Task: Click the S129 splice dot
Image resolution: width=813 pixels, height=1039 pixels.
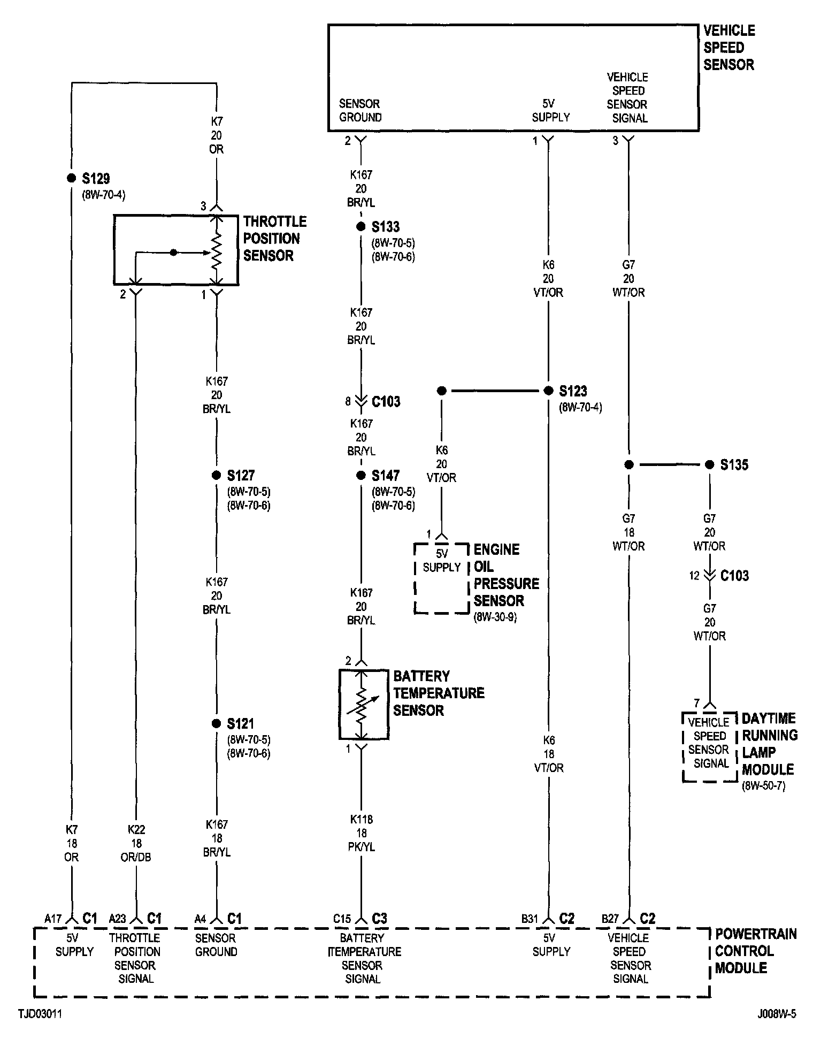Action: [71, 178]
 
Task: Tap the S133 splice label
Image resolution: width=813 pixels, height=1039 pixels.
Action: [385, 227]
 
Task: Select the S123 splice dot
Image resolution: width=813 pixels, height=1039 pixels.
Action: [548, 391]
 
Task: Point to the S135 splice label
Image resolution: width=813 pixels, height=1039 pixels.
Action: [734, 464]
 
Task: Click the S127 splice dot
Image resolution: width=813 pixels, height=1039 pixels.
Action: [217, 475]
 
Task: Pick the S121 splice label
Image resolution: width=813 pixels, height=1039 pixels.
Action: [240, 724]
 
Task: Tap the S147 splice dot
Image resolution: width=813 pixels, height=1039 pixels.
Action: [361, 475]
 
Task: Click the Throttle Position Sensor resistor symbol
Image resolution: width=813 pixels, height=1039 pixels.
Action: [217, 251]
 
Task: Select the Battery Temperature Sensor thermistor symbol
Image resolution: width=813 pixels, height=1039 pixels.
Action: [363, 704]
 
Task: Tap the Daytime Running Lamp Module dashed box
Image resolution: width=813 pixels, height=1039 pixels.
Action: [709, 747]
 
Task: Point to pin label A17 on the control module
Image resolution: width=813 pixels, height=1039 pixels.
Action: [53, 919]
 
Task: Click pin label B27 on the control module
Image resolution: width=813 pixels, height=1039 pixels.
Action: [610, 919]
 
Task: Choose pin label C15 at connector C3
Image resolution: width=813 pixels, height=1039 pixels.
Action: [342, 919]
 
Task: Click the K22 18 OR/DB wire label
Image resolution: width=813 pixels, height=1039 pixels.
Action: [136, 844]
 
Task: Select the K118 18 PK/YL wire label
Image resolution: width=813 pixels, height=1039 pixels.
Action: [362, 833]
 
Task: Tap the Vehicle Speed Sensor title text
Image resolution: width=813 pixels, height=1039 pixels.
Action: [728, 48]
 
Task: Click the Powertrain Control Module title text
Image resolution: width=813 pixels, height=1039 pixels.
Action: [755, 951]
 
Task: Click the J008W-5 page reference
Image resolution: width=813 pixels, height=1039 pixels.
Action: [776, 1014]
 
